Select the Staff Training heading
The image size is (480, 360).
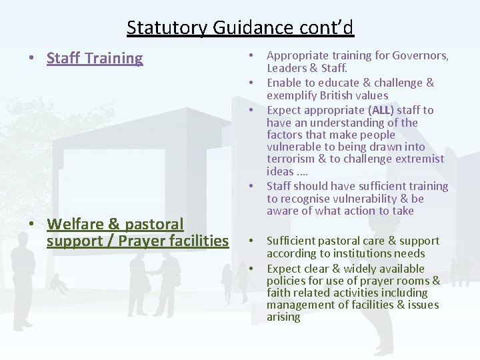pos(95,58)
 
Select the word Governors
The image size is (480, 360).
pos(421,56)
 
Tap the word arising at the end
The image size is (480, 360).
pos(283,317)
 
